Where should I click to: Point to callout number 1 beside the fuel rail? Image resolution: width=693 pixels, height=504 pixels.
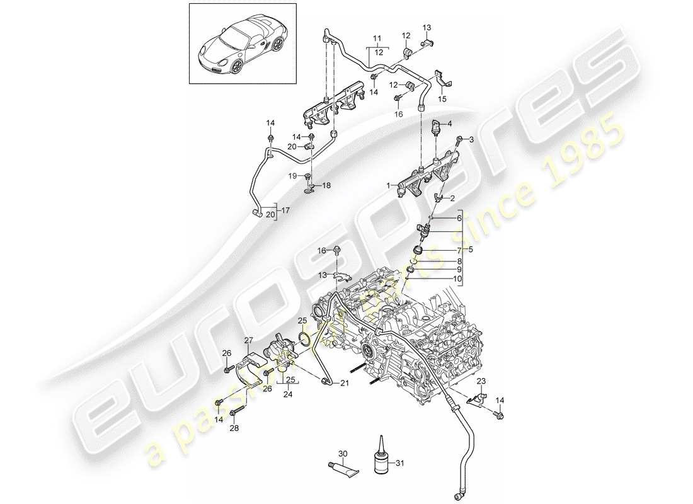coord(390,186)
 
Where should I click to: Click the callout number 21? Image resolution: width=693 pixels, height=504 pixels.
coord(345,384)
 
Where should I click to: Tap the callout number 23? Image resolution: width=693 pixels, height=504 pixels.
coord(481,381)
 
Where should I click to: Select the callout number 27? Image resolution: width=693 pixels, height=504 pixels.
coord(248,340)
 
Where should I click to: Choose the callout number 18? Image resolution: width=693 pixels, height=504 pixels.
coord(326,186)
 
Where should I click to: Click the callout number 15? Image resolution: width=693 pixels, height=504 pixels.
coord(442,100)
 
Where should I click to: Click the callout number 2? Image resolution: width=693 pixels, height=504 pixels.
coord(451,197)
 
